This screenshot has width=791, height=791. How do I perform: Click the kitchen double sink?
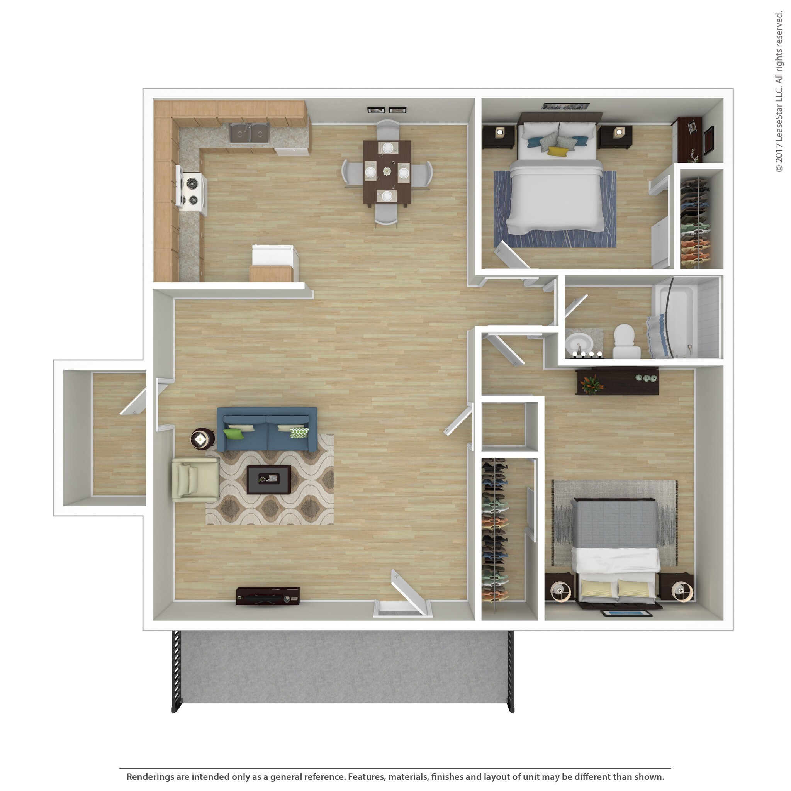[248, 132]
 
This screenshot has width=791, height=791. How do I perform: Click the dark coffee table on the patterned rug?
[268, 479]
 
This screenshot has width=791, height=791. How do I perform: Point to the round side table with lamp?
[202, 439]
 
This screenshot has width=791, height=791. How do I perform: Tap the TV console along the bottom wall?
[268, 596]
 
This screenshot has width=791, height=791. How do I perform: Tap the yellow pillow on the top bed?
[558, 151]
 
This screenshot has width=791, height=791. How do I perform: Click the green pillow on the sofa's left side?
[233, 434]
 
